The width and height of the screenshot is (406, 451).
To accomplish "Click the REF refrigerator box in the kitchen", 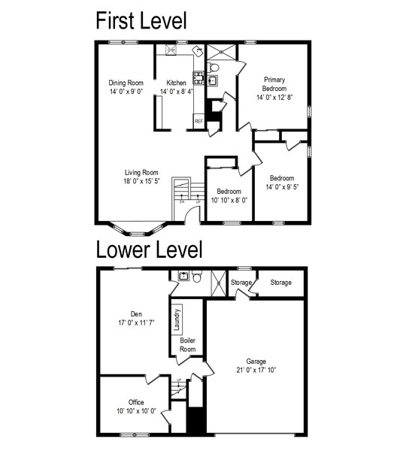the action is tap(198, 121).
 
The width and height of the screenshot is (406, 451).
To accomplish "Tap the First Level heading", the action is tap(141, 20).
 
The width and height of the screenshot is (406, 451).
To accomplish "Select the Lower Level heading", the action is tap(149, 250).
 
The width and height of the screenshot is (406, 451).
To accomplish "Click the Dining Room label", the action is tap(126, 83).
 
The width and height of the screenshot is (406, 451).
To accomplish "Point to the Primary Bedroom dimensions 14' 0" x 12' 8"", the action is tap(274, 97).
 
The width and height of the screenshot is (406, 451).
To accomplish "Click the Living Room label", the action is tap(141, 173).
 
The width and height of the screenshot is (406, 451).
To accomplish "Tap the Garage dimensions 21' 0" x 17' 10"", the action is tap(256, 370).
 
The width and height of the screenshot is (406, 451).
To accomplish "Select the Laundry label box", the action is tap(177, 319).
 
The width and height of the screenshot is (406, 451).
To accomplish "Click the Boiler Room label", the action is tap(188, 344).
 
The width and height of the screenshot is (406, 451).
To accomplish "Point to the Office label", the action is tap(136, 402).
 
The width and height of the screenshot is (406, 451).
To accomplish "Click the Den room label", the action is tap(136, 313).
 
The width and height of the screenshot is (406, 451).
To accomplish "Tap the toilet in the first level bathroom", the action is tap(214, 68).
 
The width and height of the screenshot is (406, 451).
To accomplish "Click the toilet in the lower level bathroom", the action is tap(196, 276).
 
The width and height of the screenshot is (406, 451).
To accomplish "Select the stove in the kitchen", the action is tap(198, 78).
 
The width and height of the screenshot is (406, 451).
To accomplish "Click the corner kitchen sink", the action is tap(198, 51).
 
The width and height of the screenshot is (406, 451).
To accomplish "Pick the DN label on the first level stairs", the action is tap(182, 202).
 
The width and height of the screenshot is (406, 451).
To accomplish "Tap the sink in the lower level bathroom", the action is tap(183, 276).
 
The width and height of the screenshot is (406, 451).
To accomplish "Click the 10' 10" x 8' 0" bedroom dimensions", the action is tap(229, 200).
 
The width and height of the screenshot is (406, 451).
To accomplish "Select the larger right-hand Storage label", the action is tap(281, 283).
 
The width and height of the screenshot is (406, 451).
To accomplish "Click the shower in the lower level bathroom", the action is tap(220, 283).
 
